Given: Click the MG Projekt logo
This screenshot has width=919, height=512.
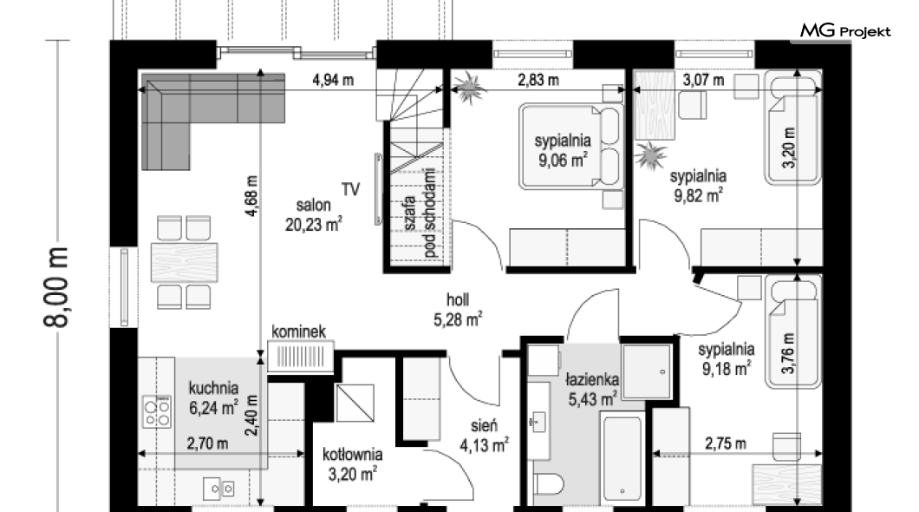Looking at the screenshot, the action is click(x=845, y=31).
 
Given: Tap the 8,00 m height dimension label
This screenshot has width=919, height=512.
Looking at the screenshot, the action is click(x=57, y=286).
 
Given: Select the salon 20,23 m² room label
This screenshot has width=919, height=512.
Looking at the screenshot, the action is click(x=314, y=214).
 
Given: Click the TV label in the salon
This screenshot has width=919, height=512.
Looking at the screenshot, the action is click(x=350, y=189).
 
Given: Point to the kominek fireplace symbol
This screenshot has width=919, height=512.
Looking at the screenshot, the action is click(x=301, y=356).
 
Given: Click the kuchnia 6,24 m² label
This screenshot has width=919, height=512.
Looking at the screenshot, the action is click(x=213, y=397).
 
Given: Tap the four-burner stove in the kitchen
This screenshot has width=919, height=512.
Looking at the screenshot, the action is click(x=157, y=411).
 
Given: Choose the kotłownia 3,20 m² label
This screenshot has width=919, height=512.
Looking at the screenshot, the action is click(x=352, y=464).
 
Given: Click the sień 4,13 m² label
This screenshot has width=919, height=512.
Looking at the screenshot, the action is click(x=484, y=436).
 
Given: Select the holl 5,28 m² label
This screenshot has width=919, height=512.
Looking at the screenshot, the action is click(x=458, y=310).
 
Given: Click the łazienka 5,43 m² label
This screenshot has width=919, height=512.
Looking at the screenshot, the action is click(x=592, y=390).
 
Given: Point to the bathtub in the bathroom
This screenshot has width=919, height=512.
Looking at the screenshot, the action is click(x=622, y=458).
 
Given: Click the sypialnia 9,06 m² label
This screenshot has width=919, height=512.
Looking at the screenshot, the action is click(x=563, y=150).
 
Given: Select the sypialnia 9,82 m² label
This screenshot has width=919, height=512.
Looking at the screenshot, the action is click(x=698, y=186).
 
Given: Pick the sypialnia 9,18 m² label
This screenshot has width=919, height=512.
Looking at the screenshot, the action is click(x=727, y=359).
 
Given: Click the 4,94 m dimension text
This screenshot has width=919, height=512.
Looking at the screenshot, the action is click(x=333, y=80).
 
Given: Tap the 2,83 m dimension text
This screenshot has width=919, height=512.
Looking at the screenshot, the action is click(x=538, y=80).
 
